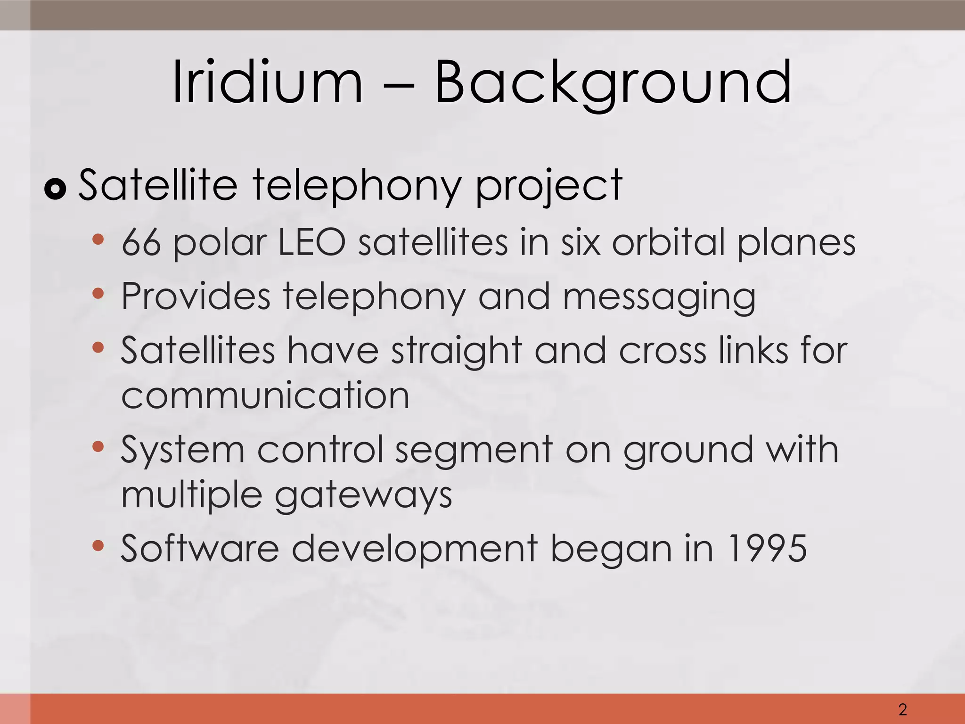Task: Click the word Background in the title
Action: pyautogui.click(x=613, y=82)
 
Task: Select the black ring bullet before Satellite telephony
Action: pyautogui.click(x=56, y=189)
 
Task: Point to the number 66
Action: pyautogui.click(x=141, y=242)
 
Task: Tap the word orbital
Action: pyautogui.click(x=668, y=242)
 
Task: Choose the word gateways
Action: pyautogui.click(x=363, y=496)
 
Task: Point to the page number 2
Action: pyautogui.click(x=902, y=709)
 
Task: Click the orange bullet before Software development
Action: pyautogui.click(x=98, y=546)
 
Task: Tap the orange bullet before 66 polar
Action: pyautogui.click(x=98, y=239)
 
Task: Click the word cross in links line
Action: pyautogui.click(x=662, y=351)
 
